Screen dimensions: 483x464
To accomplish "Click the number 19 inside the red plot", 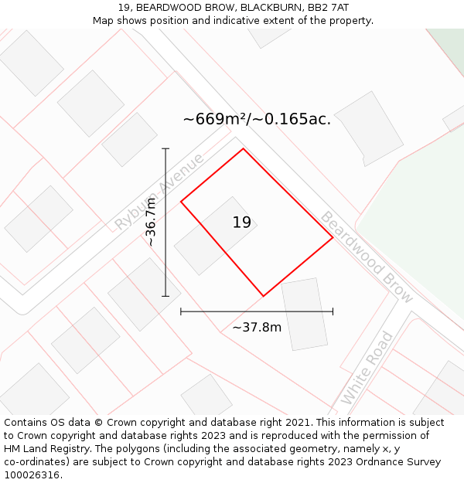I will (x=242, y=223).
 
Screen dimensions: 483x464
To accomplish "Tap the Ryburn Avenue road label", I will (x=159, y=192).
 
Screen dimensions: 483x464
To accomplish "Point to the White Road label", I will (x=367, y=368).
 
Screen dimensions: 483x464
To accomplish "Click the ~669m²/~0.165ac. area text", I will (x=257, y=119).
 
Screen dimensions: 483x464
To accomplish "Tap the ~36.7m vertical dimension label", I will (x=151, y=222).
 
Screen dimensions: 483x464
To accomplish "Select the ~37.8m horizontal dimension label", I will (x=257, y=327).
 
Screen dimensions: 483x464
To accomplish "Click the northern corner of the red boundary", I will (x=244, y=149).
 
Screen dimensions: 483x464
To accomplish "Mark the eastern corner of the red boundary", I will (x=333, y=237).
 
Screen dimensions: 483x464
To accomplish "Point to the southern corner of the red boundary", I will (x=264, y=296).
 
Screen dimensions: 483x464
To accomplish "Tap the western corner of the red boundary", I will (x=181, y=202).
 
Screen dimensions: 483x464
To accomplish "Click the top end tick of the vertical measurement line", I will (x=165, y=148).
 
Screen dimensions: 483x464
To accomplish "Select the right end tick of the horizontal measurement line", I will (x=333, y=311).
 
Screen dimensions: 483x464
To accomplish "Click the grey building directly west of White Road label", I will (x=304, y=314).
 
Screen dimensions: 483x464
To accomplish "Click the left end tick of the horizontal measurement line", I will (x=181, y=311).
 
